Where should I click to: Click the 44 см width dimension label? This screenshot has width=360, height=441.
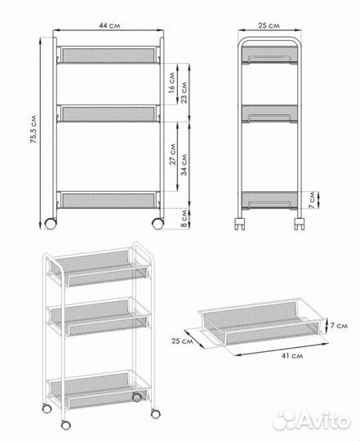pos(109,25)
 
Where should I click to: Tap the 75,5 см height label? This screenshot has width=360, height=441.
pos(33,129)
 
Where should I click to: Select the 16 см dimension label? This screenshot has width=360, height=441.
pos(171,82)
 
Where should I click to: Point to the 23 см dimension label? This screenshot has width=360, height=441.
pos(184,92)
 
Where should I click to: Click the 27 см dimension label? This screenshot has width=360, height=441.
pos(172,154)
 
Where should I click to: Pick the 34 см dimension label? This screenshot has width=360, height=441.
pos(184,165)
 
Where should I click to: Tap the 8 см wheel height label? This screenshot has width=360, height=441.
pos(184,218)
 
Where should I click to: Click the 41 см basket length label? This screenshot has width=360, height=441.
pos(292,356)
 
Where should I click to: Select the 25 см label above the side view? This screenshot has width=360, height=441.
pos(269,25)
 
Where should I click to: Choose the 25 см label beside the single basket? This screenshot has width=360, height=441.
pos(182,341)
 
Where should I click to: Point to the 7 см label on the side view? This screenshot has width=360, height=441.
pos(312,200)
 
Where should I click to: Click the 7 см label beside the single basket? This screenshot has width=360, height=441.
pos(339,325)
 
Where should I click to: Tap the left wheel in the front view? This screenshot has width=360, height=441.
pos(51,224)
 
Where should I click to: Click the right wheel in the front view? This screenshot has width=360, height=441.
pos(158,224)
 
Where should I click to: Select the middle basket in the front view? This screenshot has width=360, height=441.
pos(109,114)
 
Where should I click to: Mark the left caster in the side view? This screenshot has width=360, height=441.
pos(240,224)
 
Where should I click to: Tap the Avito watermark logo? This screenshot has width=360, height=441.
pos(312,421)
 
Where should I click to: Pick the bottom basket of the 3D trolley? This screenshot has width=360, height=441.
pos(98,390)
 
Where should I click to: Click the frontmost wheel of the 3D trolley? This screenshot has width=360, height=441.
pos(66,425)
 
